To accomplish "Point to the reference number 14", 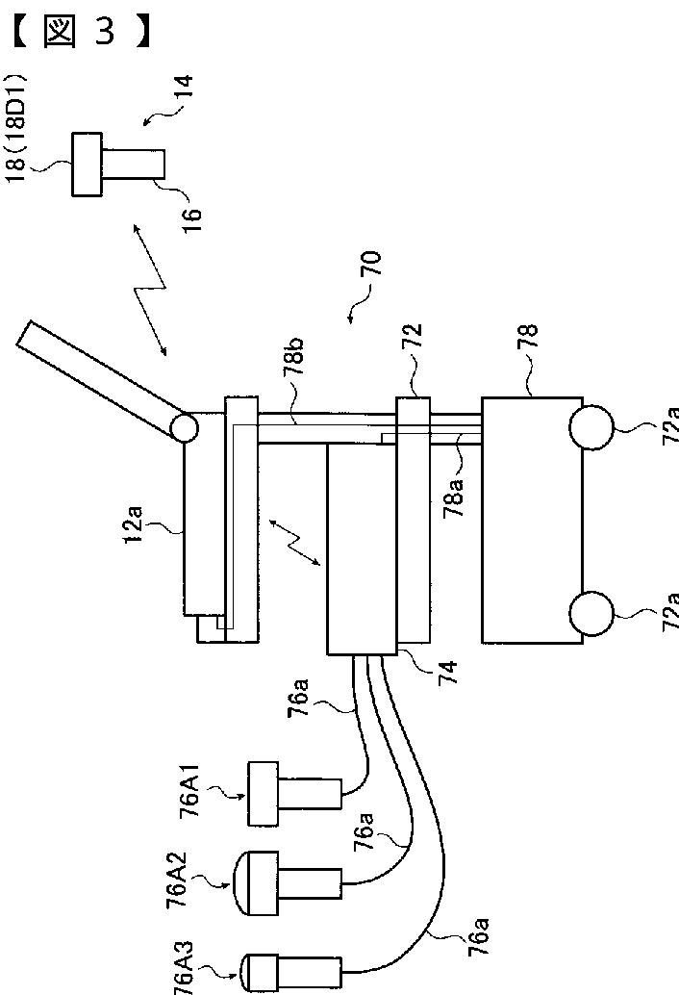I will point(184,96).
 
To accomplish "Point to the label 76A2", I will point(177,881).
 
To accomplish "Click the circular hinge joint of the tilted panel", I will point(184,429).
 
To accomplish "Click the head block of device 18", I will point(88,164).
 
